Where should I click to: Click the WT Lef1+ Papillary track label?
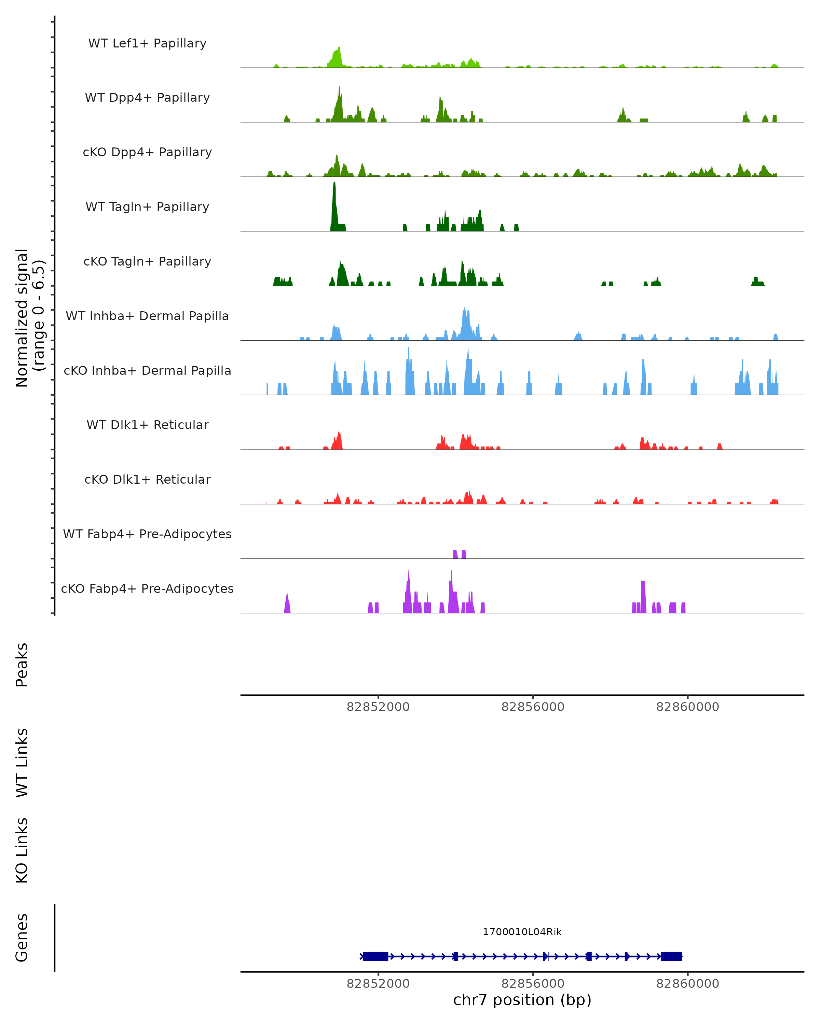tap(147, 43)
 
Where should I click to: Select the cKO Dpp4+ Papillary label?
tap(147, 153)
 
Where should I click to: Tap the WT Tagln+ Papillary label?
tap(147, 207)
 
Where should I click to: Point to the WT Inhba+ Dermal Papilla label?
tap(147, 316)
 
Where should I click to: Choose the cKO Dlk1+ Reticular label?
tap(147, 480)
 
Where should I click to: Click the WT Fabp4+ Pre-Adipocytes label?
tap(147, 534)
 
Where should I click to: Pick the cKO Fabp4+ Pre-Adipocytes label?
tap(147, 589)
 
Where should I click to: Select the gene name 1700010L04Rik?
tap(522, 932)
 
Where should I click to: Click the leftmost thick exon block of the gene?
tap(375, 956)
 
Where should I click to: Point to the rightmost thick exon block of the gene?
tap(671, 956)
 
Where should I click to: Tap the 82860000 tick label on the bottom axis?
tap(687, 984)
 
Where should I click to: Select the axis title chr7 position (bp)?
tap(522, 1000)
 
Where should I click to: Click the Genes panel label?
tap(22, 938)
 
